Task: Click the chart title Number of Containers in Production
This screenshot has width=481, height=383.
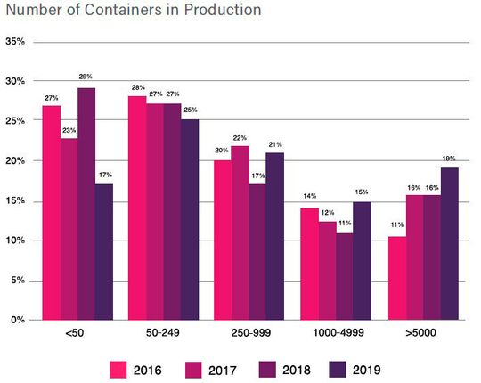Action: pos(133,12)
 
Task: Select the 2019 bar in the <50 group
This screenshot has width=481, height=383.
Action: pos(104,252)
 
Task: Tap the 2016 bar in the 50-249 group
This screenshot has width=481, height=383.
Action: pos(137,208)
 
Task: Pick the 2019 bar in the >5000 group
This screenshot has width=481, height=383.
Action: pos(451,243)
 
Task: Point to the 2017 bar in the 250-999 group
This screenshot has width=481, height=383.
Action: pos(240,232)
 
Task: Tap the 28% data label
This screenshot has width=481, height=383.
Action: pos(137,88)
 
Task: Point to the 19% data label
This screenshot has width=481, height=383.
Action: pos(451,159)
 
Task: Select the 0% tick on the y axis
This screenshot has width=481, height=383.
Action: pos(18,320)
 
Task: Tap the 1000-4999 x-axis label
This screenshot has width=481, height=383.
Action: pos(339,334)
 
